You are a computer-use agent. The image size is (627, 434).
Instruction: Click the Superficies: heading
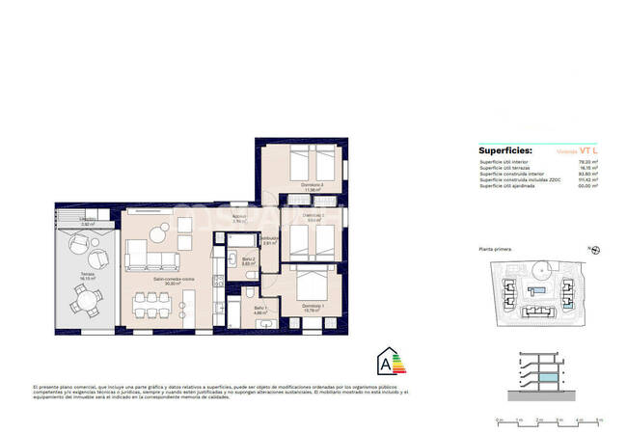coord(504,151)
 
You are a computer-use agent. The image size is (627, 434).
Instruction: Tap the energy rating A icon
coord(388,365)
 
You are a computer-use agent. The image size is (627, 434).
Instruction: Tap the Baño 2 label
coord(248,260)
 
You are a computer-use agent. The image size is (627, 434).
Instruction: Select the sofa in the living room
coord(151,256)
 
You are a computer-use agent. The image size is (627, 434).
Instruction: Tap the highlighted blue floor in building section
coord(548,376)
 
